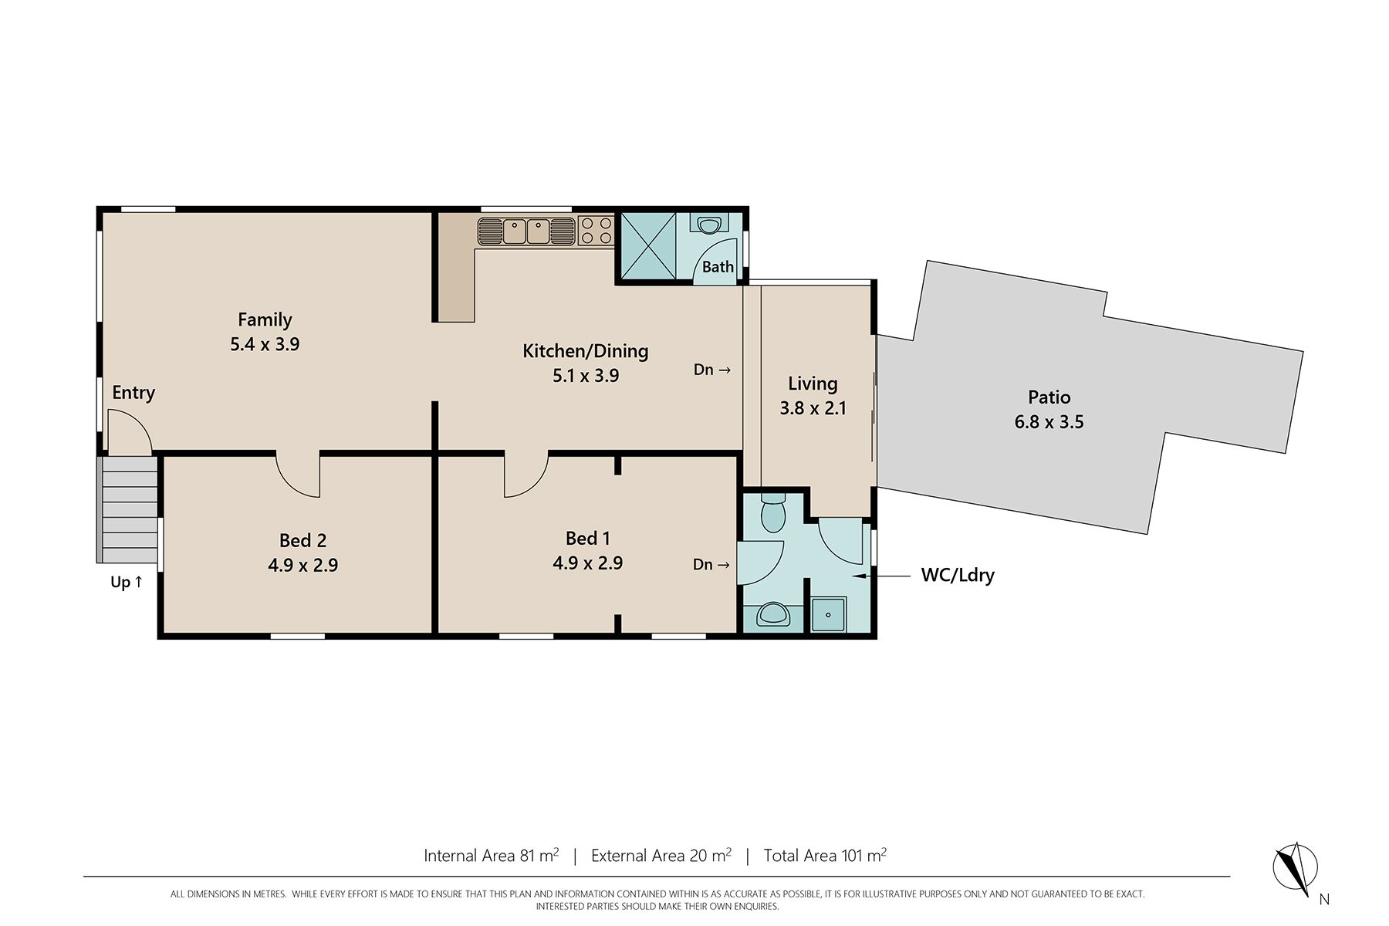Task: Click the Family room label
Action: tap(265, 319)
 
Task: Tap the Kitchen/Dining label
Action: tap(586, 351)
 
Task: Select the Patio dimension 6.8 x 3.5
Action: tap(1049, 422)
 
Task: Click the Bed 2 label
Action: tap(302, 540)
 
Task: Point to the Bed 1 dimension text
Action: tap(587, 563)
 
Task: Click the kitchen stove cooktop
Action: tap(595, 231)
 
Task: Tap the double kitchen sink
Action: tap(526, 231)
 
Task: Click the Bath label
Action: tap(718, 267)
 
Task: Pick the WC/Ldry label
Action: tap(958, 575)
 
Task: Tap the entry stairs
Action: tap(130, 509)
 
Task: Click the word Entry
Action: tap(133, 393)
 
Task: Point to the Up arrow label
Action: tap(127, 582)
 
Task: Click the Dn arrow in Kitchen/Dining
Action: tap(711, 370)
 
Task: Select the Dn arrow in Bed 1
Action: tap(711, 565)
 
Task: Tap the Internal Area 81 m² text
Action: tap(492, 855)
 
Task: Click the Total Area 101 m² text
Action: tap(825, 855)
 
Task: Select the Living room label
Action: tap(813, 384)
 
